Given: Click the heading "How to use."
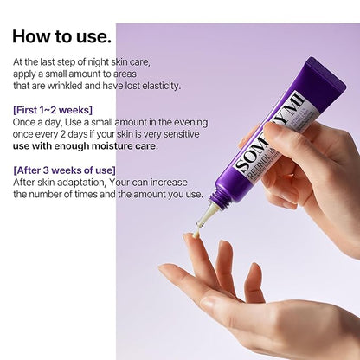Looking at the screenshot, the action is coord(61,36).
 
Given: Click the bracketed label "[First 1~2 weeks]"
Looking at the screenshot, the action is coord(53,110).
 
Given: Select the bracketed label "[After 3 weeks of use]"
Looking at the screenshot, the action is coord(64,170).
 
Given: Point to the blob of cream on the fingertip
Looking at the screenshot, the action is coord(196,234).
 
